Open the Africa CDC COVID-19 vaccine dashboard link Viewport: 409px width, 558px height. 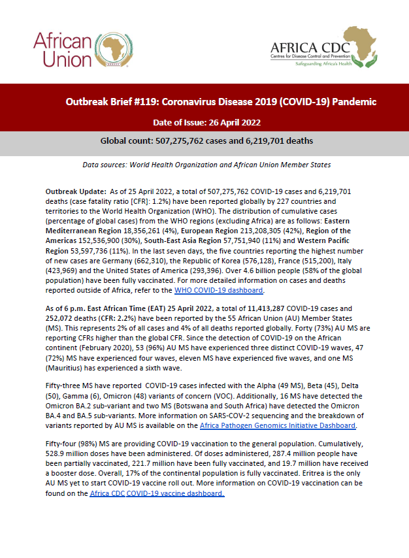[x=157, y=494]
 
